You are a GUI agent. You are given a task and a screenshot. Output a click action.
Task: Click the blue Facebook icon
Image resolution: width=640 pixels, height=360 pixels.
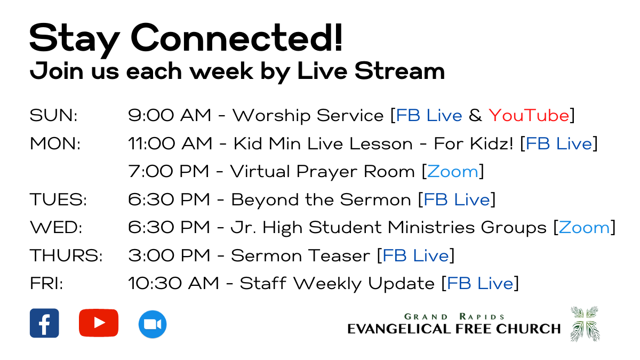44,323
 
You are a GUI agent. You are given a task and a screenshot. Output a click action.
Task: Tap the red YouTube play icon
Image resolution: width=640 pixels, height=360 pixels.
99,323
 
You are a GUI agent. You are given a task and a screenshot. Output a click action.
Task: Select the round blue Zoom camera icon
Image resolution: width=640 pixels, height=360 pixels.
153,324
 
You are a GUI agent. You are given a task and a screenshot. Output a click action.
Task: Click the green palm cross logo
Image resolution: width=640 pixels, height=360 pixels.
585,324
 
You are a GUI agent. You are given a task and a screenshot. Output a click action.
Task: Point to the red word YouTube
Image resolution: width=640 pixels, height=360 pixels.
529,115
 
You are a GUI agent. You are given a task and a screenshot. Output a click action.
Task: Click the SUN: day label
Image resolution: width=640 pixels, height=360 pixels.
53,115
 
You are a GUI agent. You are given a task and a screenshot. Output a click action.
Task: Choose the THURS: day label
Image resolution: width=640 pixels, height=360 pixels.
66,255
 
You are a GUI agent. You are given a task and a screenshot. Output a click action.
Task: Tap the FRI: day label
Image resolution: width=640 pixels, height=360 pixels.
46,283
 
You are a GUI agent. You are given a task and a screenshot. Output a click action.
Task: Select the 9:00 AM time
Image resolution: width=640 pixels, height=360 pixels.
170,115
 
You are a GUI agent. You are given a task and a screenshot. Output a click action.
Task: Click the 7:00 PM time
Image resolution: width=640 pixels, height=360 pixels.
169,171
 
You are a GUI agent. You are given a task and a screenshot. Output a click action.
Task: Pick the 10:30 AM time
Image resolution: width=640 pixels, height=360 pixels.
173,283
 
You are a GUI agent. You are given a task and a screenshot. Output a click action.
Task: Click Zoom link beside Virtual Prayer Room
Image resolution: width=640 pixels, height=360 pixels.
453,171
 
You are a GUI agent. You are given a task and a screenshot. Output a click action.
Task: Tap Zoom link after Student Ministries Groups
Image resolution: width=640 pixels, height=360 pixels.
585,227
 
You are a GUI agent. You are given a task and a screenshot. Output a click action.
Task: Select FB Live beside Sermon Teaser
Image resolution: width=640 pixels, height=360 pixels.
415,255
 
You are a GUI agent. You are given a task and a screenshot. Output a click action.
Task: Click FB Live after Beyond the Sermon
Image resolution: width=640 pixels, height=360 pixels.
457,199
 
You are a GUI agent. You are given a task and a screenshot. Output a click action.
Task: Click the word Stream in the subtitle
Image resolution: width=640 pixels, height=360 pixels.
399,70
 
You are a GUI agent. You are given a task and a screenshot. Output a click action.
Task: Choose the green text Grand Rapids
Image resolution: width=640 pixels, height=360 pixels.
454,317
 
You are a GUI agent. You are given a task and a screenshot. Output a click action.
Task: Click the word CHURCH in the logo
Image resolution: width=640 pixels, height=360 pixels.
529,329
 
